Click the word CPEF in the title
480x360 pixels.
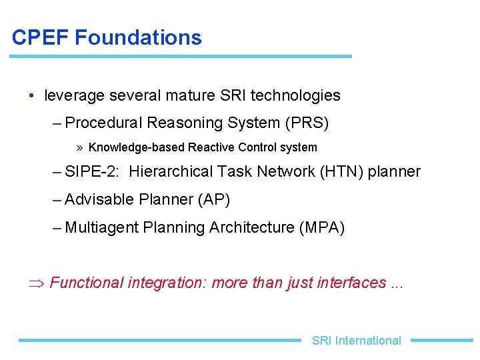[41, 37]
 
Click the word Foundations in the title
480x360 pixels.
[138, 37]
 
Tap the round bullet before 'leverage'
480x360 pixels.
[33, 95]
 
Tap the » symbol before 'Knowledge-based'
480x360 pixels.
[80, 147]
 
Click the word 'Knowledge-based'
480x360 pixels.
[137, 147]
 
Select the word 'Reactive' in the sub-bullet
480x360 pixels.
[210, 147]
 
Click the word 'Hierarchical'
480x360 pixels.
[172, 171]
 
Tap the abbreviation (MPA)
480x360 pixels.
[323, 227]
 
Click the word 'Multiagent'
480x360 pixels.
[102, 227]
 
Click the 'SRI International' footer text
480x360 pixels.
[356, 341]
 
